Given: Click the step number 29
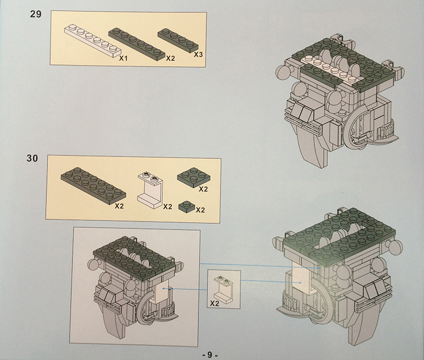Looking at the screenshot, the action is click(x=36, y=14).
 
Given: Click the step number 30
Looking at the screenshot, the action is click(x=32, y=158).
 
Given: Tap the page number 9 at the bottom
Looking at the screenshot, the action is click(x=210, y=354).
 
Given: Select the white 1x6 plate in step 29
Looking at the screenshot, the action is click(x=92, y=41).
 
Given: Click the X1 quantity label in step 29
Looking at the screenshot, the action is click(x=123, y=58).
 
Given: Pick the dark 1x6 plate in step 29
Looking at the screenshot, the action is click(x=137, y=43).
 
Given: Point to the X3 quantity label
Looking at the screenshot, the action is click(x=198, y=54).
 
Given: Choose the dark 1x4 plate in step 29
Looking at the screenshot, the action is click(x=178, y=40).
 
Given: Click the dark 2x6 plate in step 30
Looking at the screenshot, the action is click(x=93, y=185).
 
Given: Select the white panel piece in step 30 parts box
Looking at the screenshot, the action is click(x=150, y=190).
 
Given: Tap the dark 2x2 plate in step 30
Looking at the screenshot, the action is click(x=193, y=177).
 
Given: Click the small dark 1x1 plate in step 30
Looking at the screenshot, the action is click(x=187, y=206).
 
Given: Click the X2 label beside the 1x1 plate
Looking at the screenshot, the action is click(x=200, y=210).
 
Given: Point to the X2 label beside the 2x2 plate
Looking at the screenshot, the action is click(x=203, y=189).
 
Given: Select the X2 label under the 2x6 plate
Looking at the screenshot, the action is click(x=119, y=206).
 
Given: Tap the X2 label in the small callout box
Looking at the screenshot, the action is click(x=214, y=303).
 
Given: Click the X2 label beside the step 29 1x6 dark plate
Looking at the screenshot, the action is click(x=170, y=58).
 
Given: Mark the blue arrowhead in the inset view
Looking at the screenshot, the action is click(x=163, y=289).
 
